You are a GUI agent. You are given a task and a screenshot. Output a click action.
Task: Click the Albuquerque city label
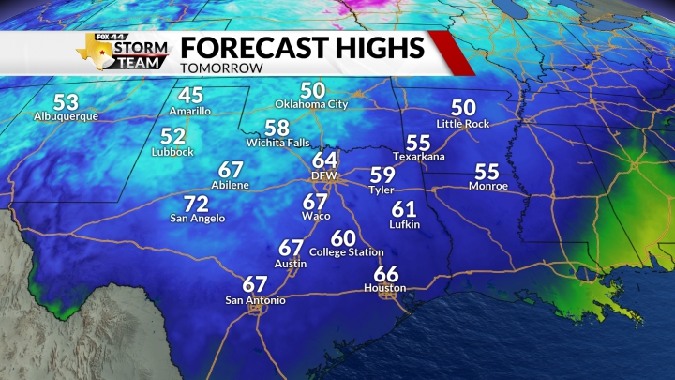[66, 117]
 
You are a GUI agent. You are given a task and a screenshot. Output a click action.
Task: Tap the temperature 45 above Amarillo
[191, 96]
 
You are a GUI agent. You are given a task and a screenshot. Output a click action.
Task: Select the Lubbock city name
[172, 152]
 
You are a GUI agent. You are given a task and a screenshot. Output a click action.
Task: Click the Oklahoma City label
[312, 104]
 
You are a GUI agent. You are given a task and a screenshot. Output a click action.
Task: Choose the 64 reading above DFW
[325, 160]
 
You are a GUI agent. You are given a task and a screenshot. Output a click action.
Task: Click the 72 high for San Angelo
[195, 205]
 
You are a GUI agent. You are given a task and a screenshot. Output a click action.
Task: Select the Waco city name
[315, 216]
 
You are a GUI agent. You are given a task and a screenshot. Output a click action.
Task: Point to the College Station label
[346, 252]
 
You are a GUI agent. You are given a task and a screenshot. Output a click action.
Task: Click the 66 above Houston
[385, 273]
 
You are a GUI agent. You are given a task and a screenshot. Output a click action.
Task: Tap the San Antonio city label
[255, 300]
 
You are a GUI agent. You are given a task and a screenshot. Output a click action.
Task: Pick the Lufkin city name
[405, 224]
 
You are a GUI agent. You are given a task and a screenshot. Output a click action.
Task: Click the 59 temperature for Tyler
[382, 175]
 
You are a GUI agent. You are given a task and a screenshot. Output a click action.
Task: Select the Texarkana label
[418, 156]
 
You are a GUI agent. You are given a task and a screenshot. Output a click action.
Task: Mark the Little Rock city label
[463, 123]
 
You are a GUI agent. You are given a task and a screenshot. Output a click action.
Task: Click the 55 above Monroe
[487, 172]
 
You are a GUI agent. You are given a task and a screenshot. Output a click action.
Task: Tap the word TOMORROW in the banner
[220, 68]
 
